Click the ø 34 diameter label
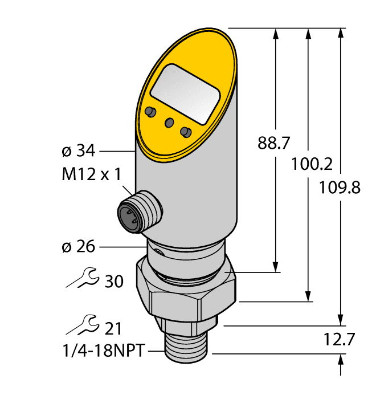coord(77,151)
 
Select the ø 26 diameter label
coord(77,247)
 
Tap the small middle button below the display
coord(169,123)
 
